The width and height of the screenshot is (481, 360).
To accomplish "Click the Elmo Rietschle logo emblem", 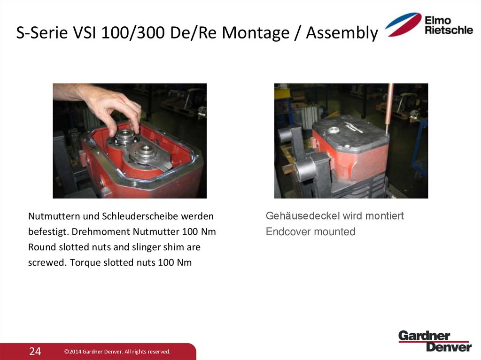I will [403, 24].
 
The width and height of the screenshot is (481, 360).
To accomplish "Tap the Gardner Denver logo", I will [434, 341].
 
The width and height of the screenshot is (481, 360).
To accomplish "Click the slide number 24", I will [35, 351].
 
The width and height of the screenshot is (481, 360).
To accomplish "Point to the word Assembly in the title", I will [341, 33].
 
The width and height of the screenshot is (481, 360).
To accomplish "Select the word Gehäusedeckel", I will [303, 216].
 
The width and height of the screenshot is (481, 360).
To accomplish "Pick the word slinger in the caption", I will [146, 247].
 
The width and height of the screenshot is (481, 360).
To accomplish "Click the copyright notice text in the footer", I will [117, 352].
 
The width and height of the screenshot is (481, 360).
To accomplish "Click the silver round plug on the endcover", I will [334, 130].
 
